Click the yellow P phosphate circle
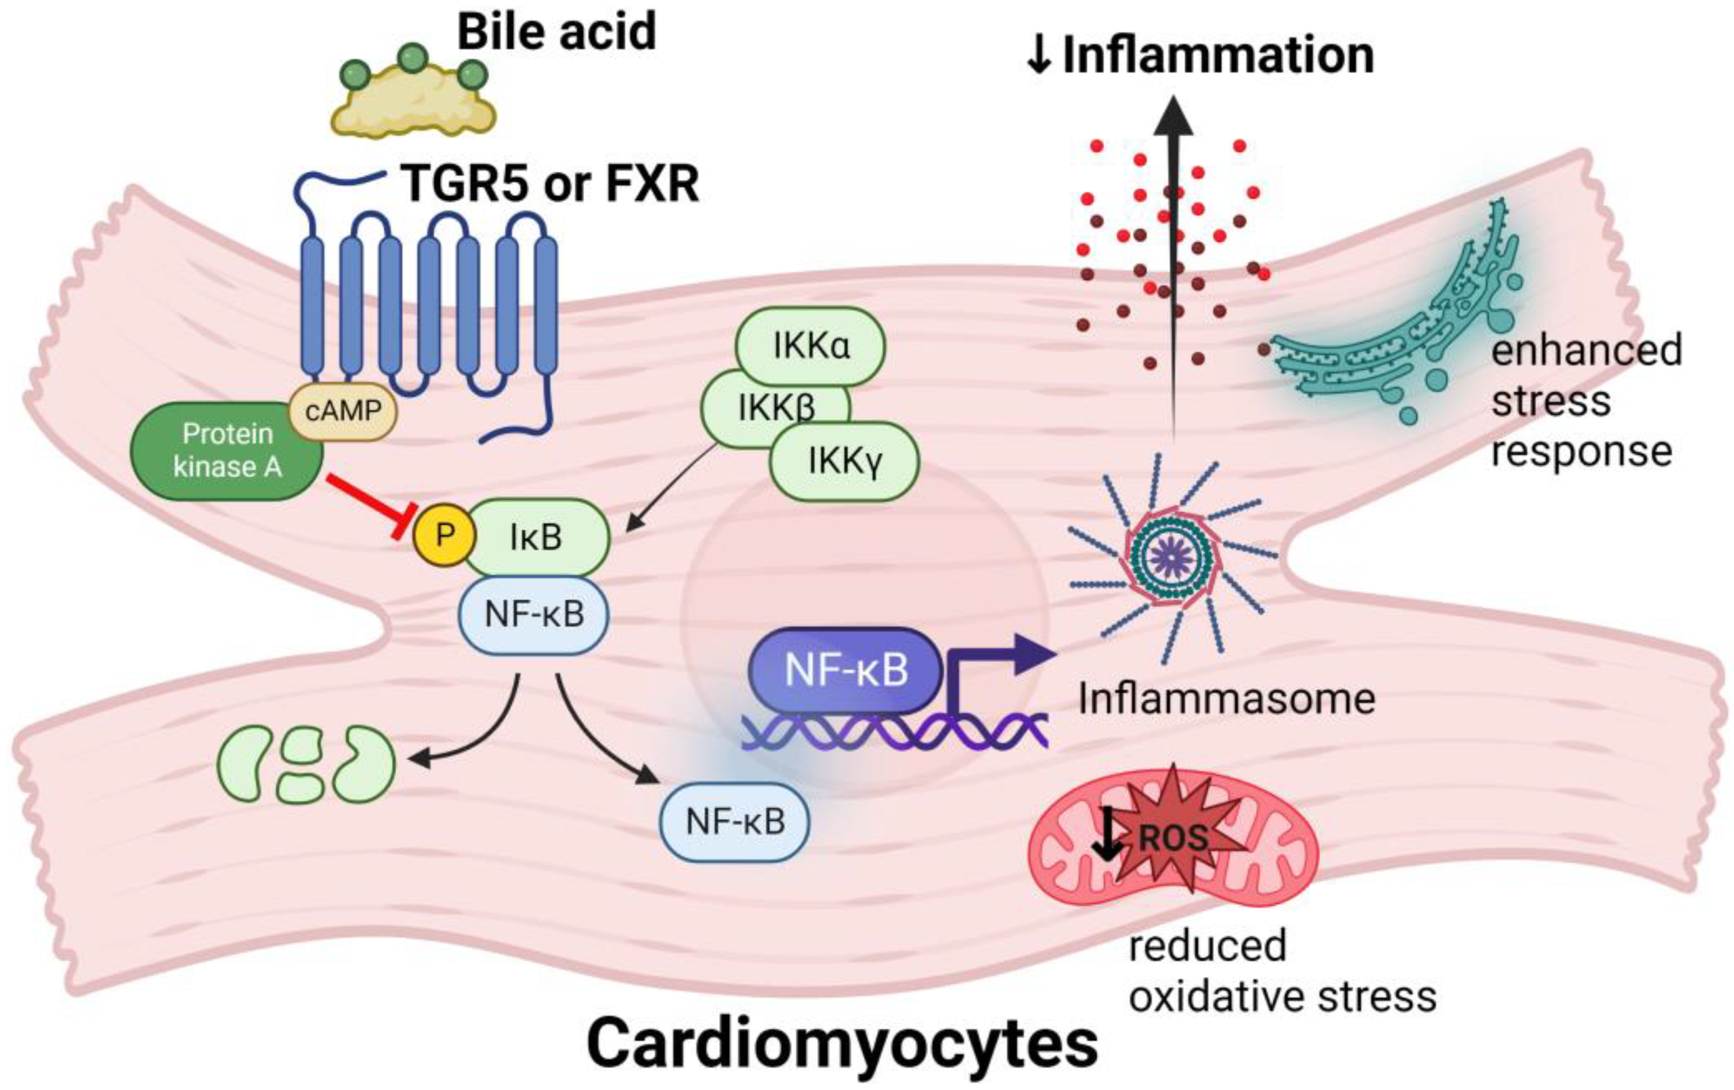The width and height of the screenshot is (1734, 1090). point(444,534)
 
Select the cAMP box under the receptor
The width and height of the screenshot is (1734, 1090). point(343,411)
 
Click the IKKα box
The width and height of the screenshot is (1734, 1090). point(811,346)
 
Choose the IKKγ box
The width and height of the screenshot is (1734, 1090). point(844,461)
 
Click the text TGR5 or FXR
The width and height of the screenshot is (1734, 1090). point(552,183)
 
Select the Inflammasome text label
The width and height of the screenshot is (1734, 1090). point(1226,698)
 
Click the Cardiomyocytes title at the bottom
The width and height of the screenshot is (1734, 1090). point(842,1044)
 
